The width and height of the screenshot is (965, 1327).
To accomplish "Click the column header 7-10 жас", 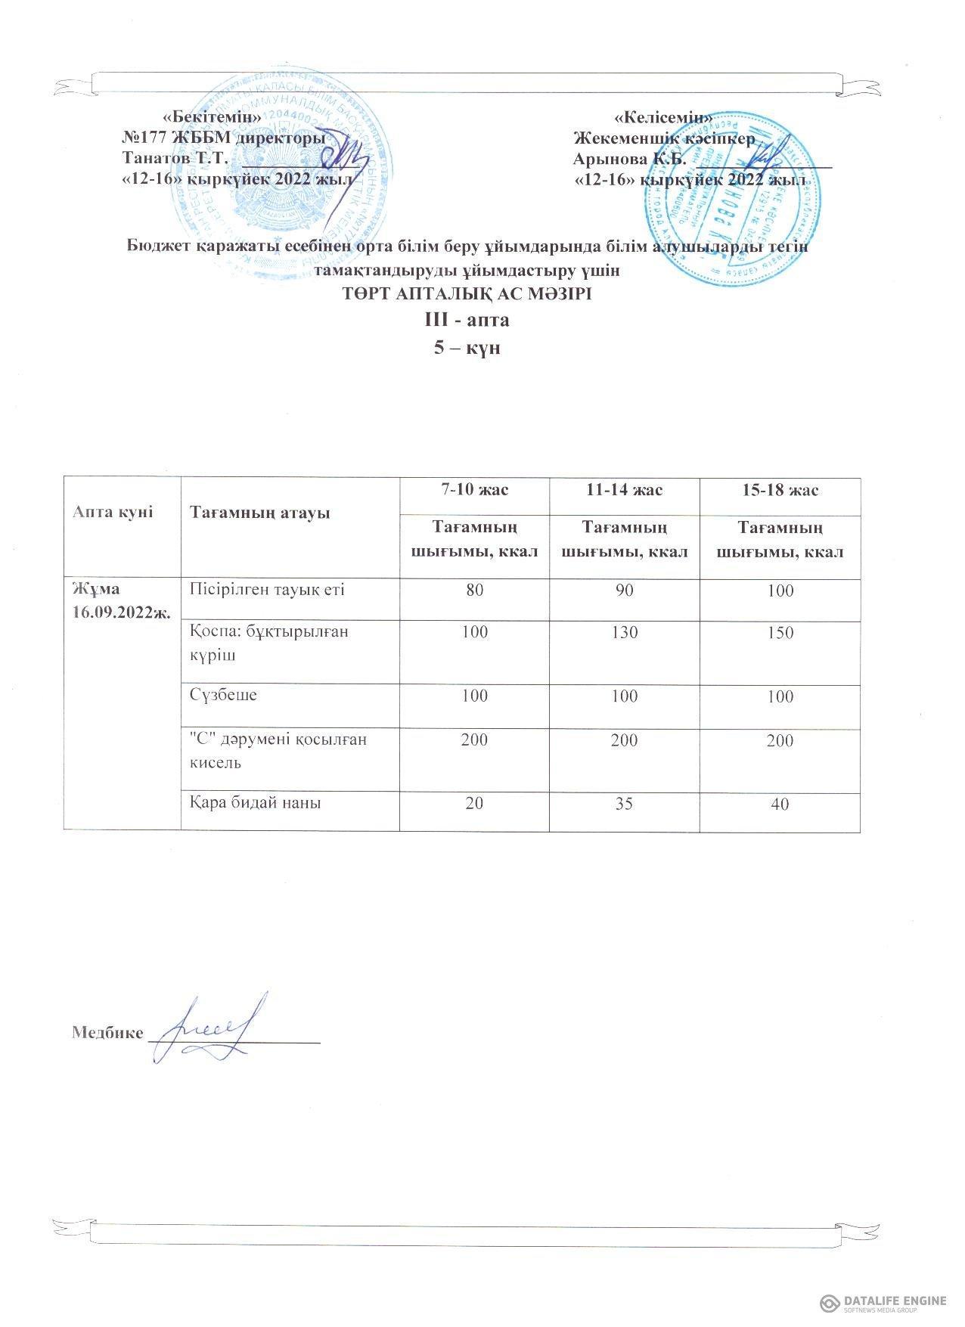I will (x=474, y=491).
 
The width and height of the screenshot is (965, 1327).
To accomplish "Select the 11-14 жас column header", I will (x=625, y=491).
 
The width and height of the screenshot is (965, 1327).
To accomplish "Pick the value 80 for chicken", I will (x=474, y=591).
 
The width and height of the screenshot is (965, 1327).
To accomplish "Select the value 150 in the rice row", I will (x=780, y=632).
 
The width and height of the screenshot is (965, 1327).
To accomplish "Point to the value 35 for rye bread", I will (x=625, y=804).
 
